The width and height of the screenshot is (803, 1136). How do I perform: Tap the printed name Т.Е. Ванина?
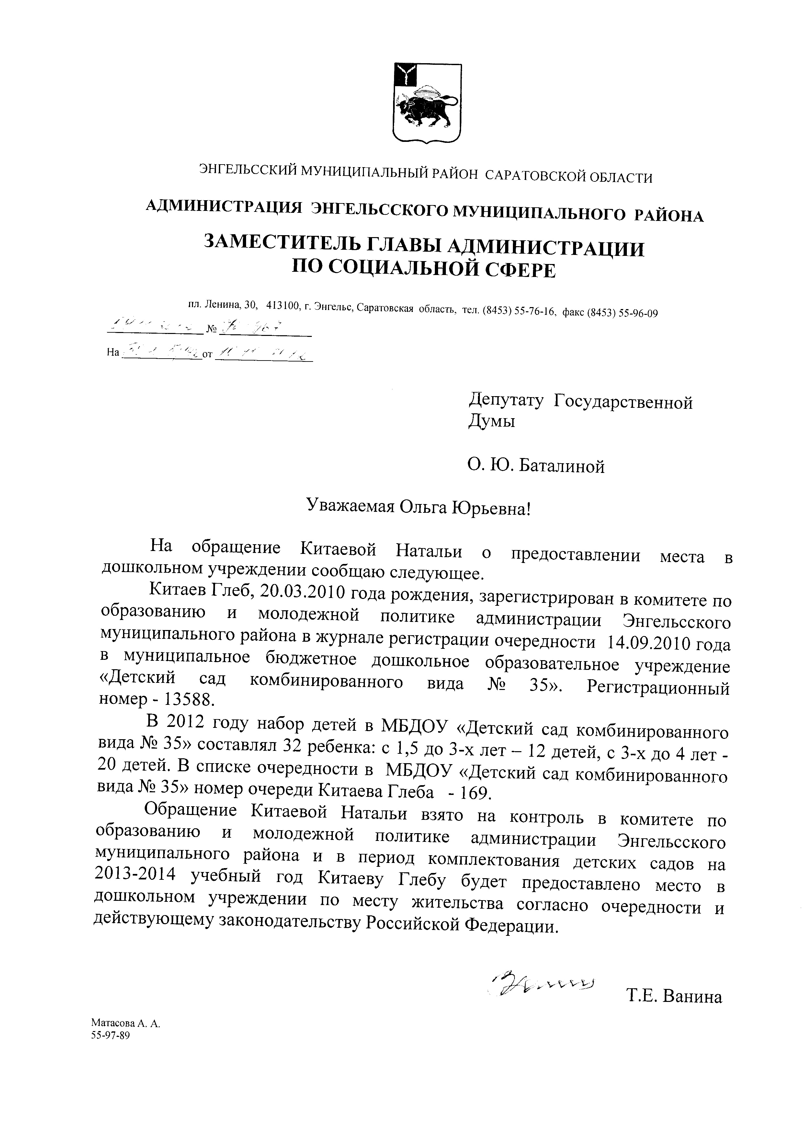[x=673, y=982]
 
